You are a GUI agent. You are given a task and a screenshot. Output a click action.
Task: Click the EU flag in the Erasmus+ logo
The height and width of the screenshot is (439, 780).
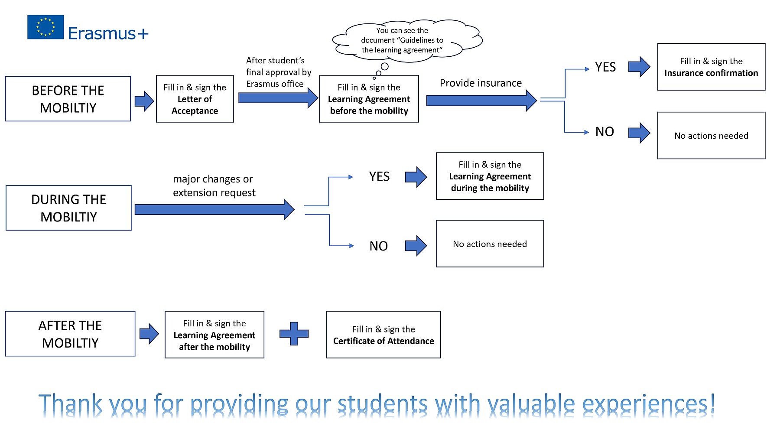pos(45,27)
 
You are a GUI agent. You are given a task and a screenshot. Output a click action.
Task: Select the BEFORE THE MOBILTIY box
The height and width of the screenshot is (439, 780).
pos(68,99)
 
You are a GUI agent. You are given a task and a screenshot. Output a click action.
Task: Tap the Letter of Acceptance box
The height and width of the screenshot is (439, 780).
pos(195,99)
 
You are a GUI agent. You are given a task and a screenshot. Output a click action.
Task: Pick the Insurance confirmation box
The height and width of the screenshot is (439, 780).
pos(711,67)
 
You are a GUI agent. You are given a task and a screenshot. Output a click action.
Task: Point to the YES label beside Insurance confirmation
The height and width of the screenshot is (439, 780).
pos(605,67)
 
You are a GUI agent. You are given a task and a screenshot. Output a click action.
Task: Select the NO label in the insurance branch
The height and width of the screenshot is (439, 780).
pos(604,132)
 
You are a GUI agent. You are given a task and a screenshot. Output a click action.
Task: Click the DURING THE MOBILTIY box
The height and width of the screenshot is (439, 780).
pos(68,208)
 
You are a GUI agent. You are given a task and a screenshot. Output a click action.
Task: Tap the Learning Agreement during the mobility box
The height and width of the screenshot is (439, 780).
pos(490,176)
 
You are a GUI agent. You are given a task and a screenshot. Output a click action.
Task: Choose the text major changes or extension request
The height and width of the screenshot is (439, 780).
pos(214,185)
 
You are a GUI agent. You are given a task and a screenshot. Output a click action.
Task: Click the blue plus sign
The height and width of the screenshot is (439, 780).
pos(294,334)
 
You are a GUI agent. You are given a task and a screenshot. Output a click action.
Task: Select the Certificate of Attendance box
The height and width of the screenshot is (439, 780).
pos(383,335)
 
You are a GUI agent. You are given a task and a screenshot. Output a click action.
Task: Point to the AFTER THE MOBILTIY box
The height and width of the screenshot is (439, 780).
pos(70,334)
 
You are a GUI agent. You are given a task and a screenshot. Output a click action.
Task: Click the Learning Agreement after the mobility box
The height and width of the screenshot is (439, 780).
pos(214,335)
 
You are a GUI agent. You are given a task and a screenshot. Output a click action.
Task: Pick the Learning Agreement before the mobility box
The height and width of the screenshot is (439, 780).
pos(369,99)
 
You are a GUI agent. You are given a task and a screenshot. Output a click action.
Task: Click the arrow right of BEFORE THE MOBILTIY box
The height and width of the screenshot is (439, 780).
pos(144,101)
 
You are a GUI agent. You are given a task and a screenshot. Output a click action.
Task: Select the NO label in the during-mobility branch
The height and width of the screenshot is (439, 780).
pos(378,246)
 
